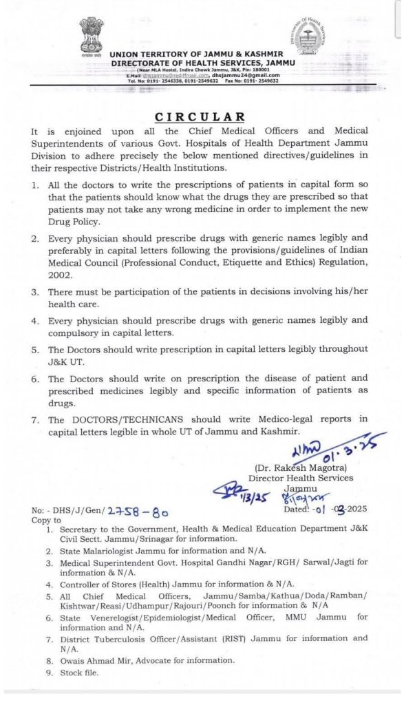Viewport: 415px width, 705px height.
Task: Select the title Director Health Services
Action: pyautogui.click(x=301, y=478)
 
